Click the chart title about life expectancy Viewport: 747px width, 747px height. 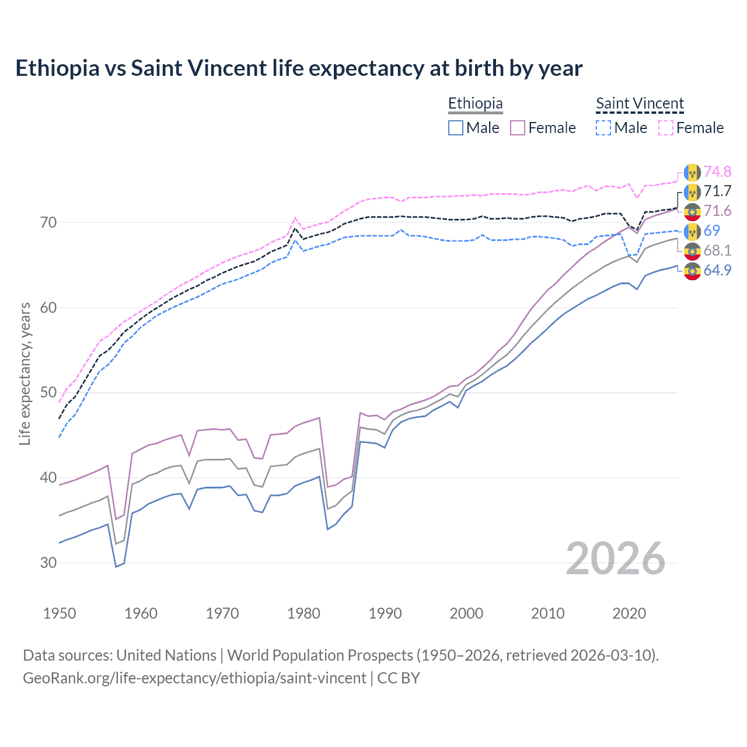[299, 68]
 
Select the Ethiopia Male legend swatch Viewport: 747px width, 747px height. [456, 128]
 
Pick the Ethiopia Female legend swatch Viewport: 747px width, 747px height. [518, 128]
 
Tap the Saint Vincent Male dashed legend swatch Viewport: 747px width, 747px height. [603, 128]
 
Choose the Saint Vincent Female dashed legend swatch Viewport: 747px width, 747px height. [666, 128]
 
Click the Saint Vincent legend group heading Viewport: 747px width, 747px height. [640, 104]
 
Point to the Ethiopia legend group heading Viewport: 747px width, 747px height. [475, 104]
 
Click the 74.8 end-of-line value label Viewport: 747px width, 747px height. [717, 172]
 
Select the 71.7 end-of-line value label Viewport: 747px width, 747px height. [717, 191]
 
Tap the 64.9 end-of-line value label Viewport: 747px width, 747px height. [717, 270]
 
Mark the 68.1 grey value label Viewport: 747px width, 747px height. [717, 250]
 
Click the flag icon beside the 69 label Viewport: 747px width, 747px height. [692, 231]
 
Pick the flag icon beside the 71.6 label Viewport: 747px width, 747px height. [692, 211]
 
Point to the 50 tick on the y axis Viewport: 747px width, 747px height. [48, 393]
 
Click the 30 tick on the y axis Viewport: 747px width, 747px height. [48, 563]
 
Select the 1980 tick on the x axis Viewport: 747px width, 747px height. [303, 613]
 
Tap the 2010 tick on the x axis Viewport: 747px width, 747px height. [547, 613]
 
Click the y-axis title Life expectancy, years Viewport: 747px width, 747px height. [25, 374]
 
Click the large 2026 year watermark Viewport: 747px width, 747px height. [616, 558]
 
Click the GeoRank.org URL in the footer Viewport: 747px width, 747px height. [194, 678]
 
